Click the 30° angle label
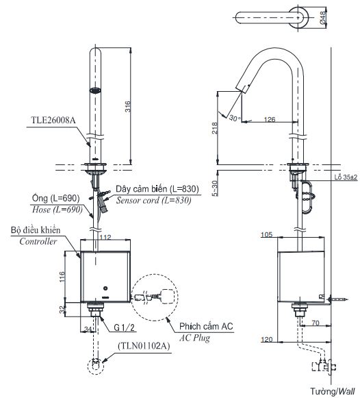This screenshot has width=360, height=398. click(235, 119)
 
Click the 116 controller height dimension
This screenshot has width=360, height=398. click(61, 276)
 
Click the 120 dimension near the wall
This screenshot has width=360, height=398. click(268, 339)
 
